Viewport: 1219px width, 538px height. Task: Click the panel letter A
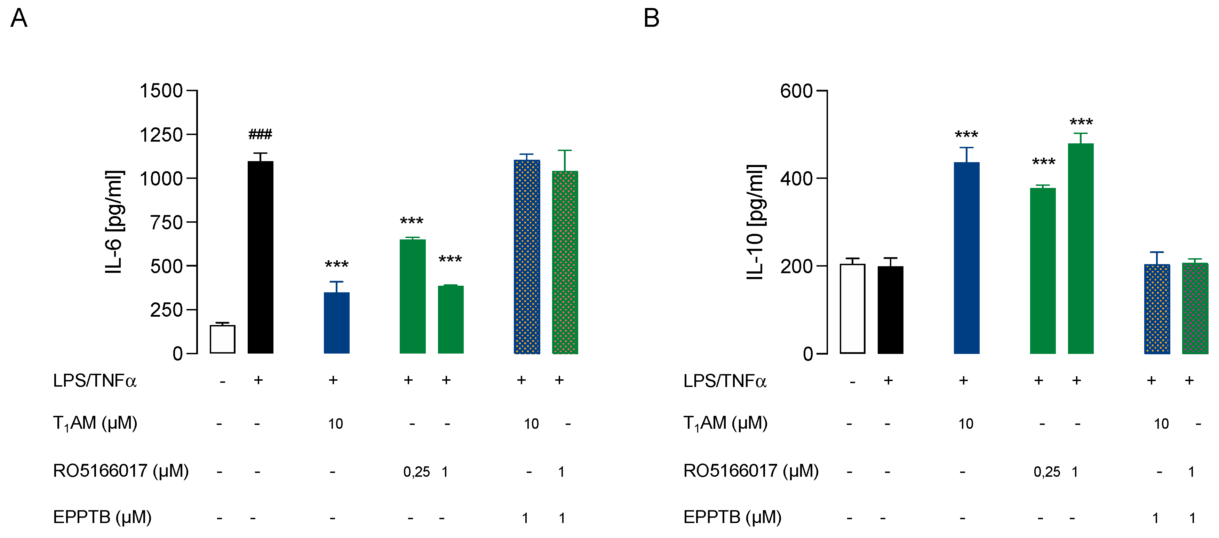19,18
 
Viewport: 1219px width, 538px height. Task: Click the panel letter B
651,18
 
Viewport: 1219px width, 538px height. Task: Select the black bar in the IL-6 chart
260,258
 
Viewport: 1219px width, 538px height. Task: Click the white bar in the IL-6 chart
222,339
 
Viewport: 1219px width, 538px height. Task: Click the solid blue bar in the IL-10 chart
966,258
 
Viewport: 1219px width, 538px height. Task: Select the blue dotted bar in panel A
527,257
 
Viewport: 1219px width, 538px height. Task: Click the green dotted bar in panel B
1195,309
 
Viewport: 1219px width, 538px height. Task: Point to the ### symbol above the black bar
260,134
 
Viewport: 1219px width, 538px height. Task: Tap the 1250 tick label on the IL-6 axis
161,135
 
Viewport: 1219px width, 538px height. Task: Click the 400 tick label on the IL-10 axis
796,179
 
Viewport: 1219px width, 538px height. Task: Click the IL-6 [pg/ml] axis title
114,222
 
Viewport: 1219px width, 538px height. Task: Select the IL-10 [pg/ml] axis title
755,222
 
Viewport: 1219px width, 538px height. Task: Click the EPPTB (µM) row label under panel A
102,517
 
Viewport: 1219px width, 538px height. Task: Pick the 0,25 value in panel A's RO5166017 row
416,472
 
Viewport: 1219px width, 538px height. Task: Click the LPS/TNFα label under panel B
725,380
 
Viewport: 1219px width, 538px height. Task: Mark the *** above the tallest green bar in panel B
1081,122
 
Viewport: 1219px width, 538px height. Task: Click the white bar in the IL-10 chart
852,309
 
